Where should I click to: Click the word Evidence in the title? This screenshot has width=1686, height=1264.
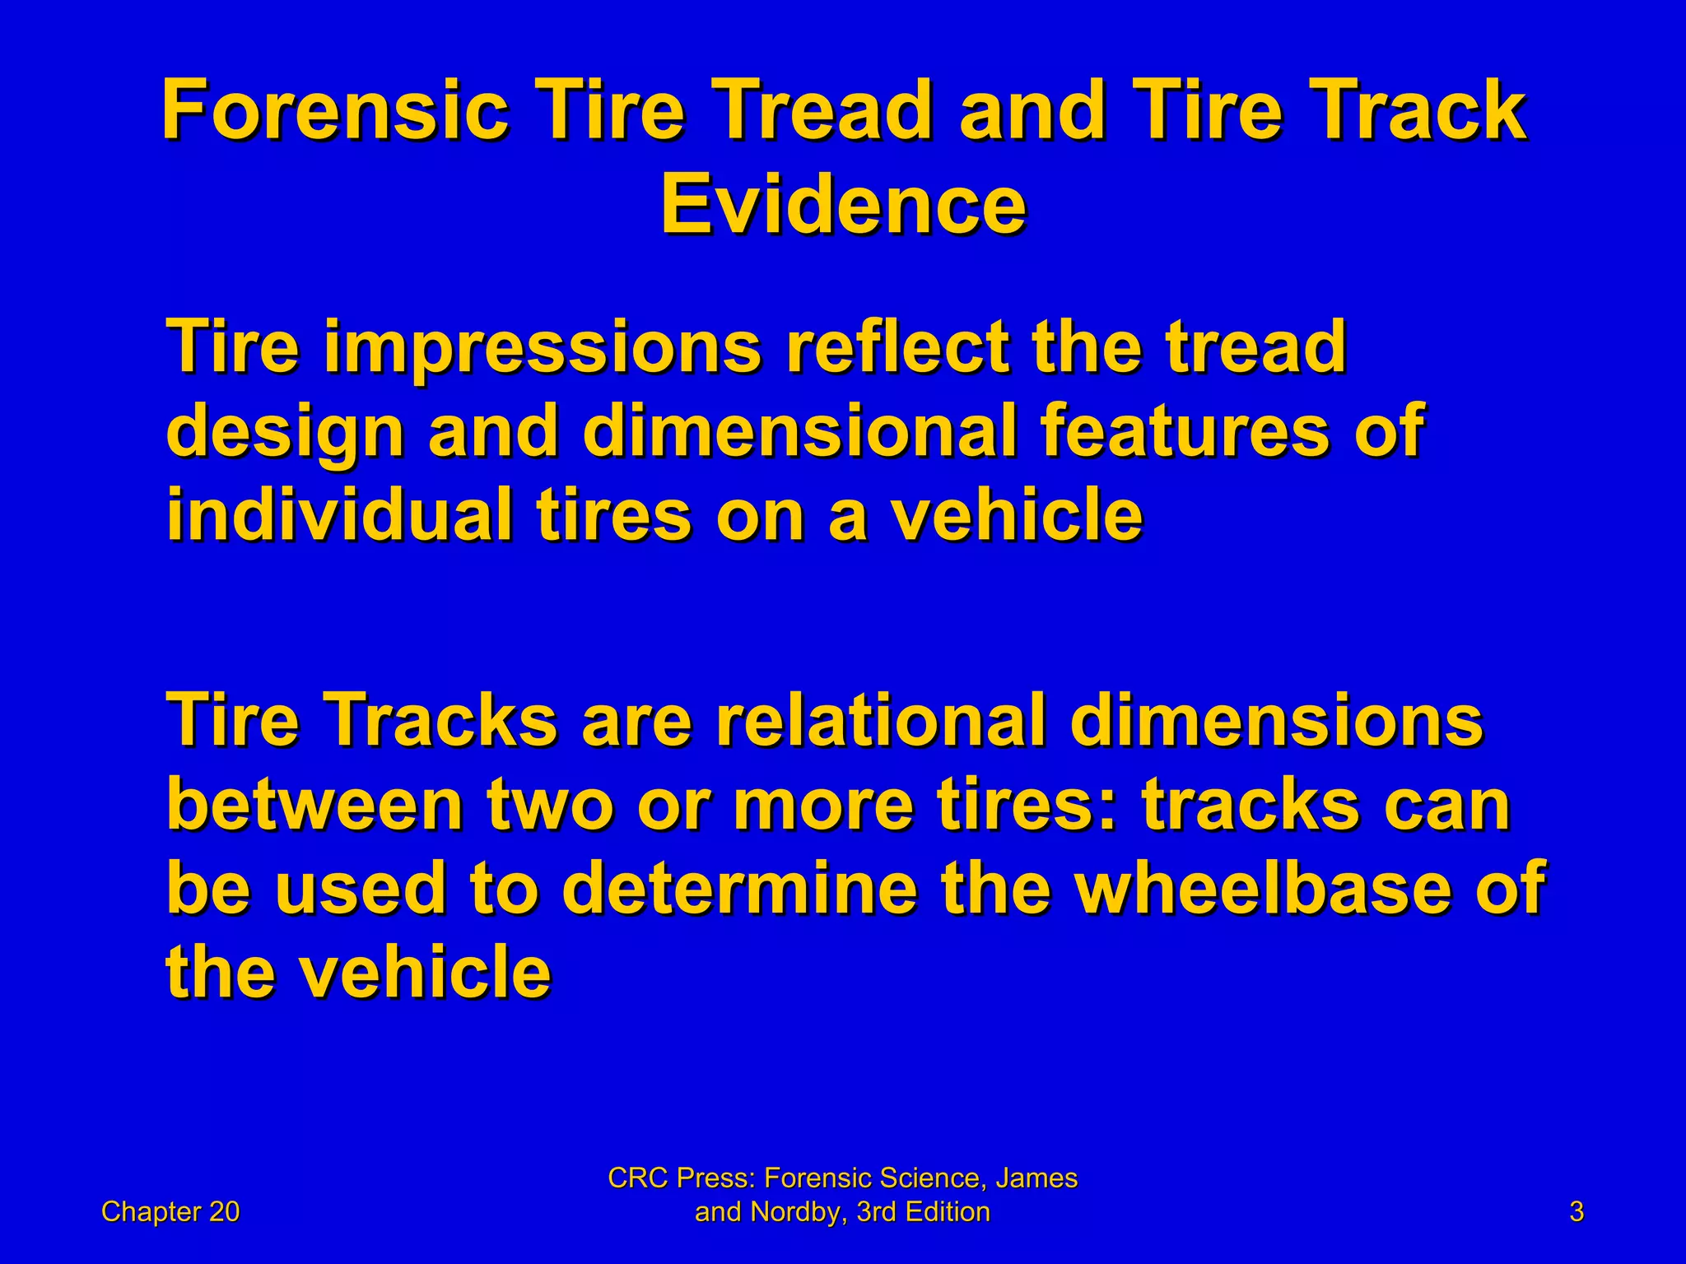[x=843, y=204]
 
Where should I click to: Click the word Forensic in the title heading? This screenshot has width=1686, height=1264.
[x=334, y=110]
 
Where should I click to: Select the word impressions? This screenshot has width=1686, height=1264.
[x=543, y=346]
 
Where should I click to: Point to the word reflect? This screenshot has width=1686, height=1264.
[x=898, y=346]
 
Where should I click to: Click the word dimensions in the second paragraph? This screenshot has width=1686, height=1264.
[x=1276, y=720]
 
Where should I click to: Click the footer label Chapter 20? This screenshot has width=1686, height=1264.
[x=170, y=1212]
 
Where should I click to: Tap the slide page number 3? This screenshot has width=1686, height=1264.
[x=1577, y=1212]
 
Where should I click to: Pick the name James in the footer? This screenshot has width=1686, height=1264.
[x=1036, y=1178]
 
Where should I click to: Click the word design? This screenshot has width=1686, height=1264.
[x=285, y=431]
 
